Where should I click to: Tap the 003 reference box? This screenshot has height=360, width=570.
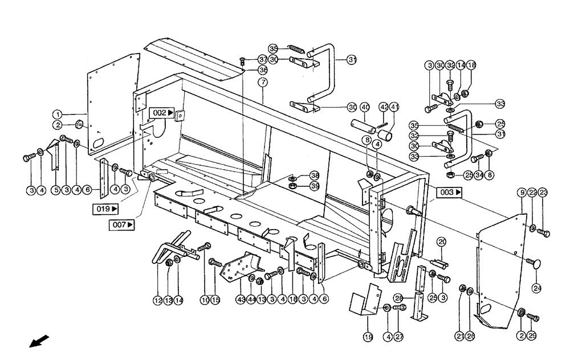[450, 193]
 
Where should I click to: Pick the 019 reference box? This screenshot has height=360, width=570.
[106, 208]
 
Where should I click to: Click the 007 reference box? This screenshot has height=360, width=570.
[123, 225]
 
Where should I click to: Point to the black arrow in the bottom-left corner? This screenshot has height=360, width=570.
[39, 341]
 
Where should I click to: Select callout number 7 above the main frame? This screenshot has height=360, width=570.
[263, 82]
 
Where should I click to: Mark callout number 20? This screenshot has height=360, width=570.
[441, 243]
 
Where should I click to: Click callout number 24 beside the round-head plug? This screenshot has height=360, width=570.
[536, 288]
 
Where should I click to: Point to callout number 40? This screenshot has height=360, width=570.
[365, 107]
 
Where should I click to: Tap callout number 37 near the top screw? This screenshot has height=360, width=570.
[262, 59]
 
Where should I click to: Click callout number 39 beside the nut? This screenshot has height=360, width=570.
[315, 186]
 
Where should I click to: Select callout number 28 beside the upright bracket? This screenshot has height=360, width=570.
[399, 298]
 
